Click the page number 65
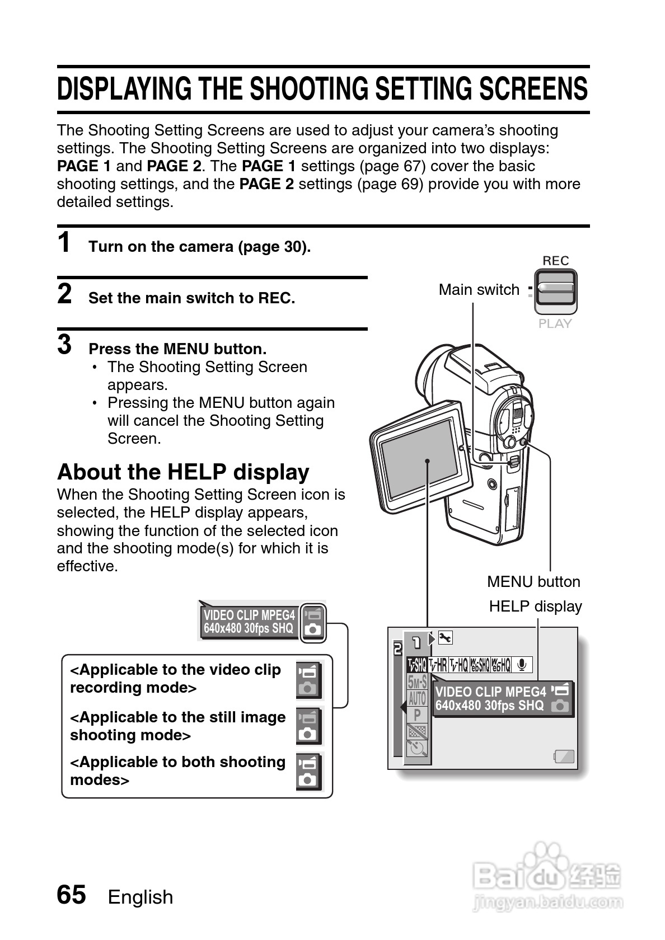click(x=71, y=894)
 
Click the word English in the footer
click(x=141, y=897)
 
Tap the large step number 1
click(x=65, y=243)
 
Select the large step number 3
click(x=65, y=345)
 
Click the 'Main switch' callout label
click(x=479, y=290)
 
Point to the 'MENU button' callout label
click(x=533, y=582)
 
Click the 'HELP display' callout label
click(x=535, y=607)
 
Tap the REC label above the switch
click(x=555, y=261)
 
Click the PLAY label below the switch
click(x=555, y=323)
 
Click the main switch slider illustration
click(x=555, y=292)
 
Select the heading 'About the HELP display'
click(x=183, y=472)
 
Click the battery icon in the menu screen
click(x=564, y=757)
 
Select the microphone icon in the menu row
click(x=522, y=665)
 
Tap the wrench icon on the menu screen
click(x=445, y=638)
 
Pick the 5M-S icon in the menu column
click(x=417, y=682)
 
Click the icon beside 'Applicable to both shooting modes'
click(x=308, y=772)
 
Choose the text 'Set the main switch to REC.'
click(x=191, y=298)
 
